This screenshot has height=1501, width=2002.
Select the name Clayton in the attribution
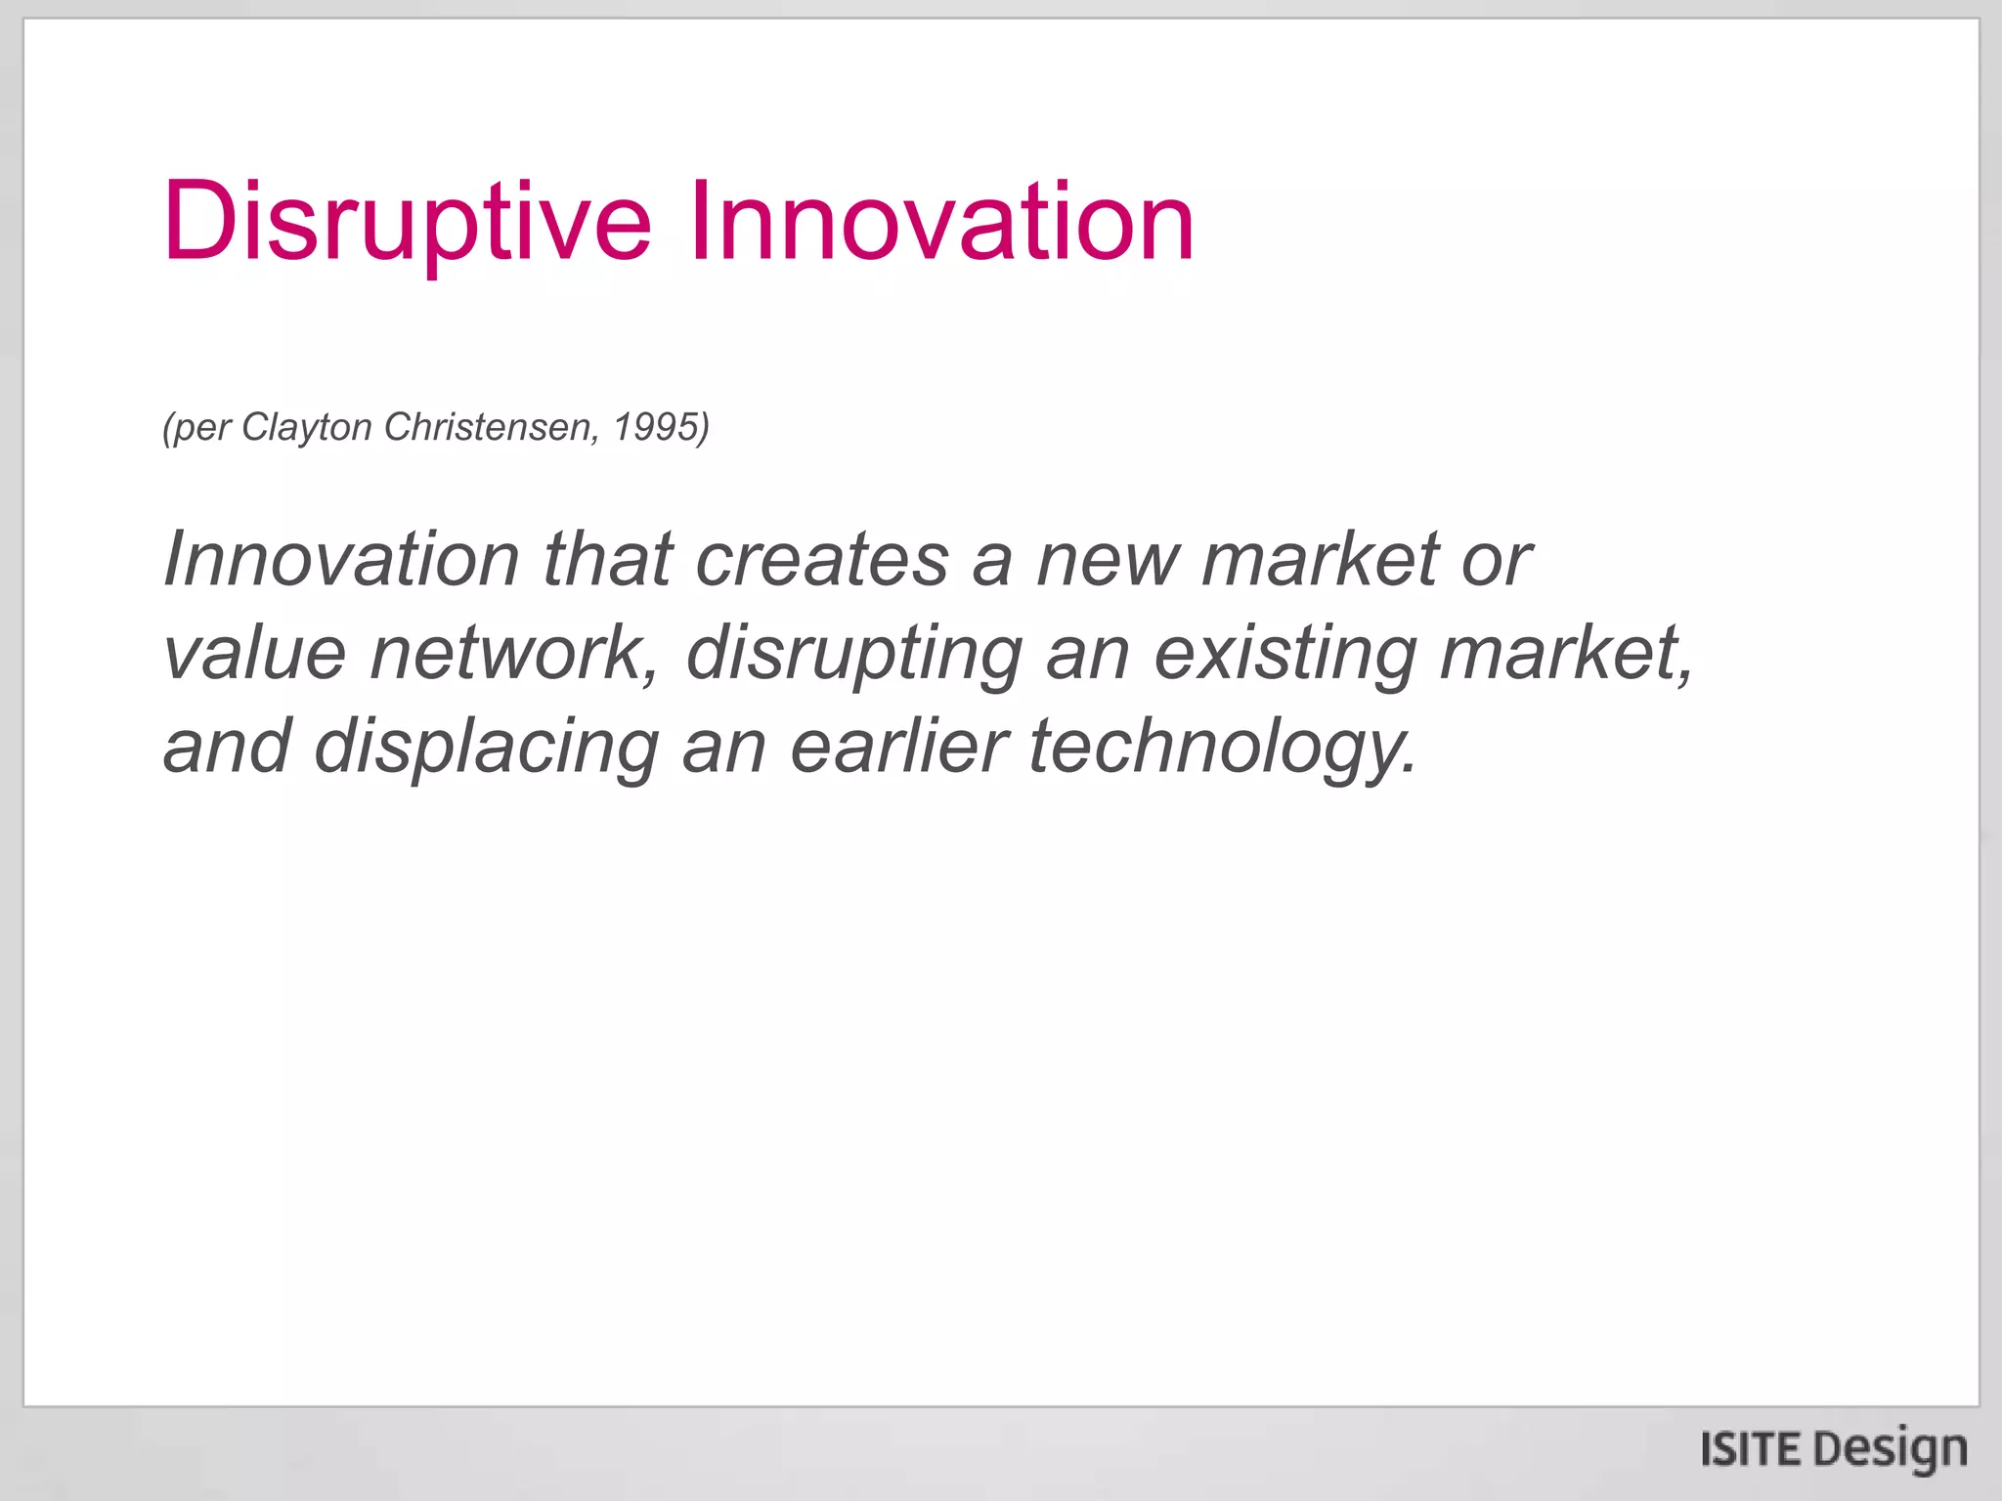point(306,427)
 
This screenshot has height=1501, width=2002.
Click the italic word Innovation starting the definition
point(341,559)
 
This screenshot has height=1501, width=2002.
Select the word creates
point(822,559)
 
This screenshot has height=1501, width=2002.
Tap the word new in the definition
point(1108,559)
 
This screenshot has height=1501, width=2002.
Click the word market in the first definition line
point(1321,559)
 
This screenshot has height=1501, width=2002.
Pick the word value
point(254,653)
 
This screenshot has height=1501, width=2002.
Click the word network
point(512,653)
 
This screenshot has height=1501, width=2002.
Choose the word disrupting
point(854,653)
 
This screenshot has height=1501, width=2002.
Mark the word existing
point(1285,653)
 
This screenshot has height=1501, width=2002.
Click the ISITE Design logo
point(1834,1449)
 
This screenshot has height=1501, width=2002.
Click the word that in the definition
point(607,559)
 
